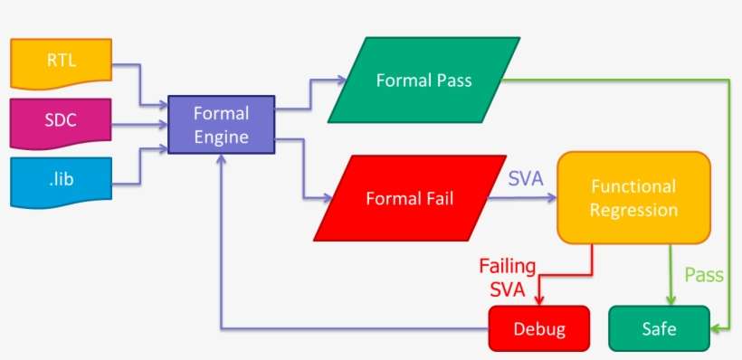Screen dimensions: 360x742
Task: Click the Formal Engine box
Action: point(221,125)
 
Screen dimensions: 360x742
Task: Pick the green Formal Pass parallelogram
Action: point(423,80)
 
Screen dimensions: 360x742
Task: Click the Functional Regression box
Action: point(633,198)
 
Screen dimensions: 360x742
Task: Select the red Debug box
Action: point(538,328)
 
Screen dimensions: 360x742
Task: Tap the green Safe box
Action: point(658,328)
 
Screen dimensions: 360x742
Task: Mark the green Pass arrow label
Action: point(703,275)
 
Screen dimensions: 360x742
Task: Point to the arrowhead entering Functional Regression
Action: point(551,198)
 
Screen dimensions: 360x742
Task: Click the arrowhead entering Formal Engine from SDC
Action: point(165,122)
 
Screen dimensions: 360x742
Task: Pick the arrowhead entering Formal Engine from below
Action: point(222,158)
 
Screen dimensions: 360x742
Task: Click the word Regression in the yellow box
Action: point(633,210)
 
